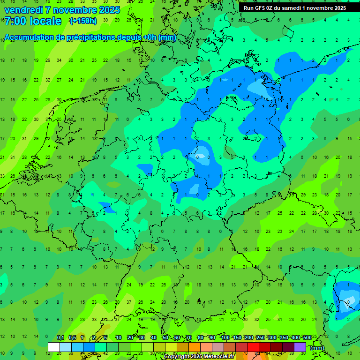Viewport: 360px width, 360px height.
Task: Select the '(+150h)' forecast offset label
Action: point(83,21)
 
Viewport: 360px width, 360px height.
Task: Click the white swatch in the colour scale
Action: point(54,347)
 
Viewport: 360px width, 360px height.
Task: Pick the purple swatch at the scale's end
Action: point(300,347)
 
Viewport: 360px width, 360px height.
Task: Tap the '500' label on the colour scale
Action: point(307,338)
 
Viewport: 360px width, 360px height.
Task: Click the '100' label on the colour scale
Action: point(225,338)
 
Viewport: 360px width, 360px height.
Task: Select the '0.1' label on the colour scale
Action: point(60,338)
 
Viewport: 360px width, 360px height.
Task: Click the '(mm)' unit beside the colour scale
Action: point(317,348)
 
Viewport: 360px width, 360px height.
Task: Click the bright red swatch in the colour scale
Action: point(253,347)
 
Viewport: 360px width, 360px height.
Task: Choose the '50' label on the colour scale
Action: point(165,338)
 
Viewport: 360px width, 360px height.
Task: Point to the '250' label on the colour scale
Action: point(260,338)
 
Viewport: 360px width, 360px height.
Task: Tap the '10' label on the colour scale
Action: point(118,338)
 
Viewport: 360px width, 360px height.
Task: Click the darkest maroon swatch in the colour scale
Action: point(288,347)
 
